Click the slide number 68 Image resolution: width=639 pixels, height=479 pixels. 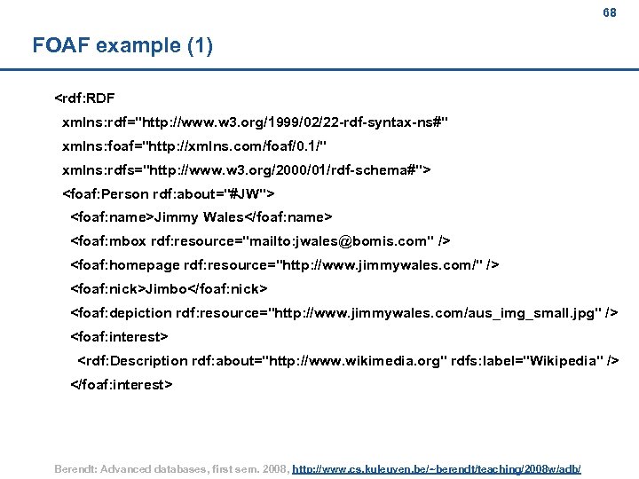point(609,12)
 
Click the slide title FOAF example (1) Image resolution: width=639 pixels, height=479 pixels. point(122,45)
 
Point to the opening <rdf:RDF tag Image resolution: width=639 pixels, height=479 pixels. point(84,97)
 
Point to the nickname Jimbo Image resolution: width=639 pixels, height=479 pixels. point(166,288)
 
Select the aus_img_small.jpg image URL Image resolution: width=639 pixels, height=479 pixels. point(437,313)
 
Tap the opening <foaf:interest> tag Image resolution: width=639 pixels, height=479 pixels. point(119,337)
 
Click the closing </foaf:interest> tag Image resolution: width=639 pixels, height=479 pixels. point(122,385)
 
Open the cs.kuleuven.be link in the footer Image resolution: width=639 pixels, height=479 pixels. point(436,467)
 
